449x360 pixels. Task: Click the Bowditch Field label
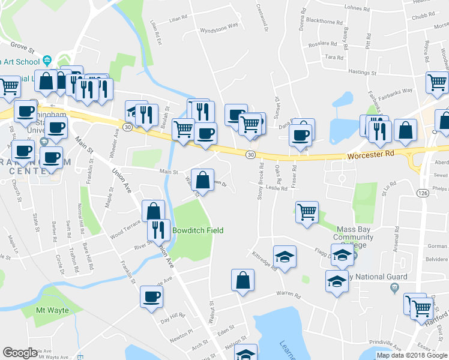(197, 230)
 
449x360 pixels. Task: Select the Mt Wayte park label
(53, 310)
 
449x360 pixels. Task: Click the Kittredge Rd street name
(264, 262)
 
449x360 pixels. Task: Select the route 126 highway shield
(423, 193)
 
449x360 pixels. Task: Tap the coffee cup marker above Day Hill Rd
(151, 296)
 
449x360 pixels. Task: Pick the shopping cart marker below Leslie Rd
(307, 212)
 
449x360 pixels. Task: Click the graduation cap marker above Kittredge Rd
(285, 256)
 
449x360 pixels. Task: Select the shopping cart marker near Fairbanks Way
(437, 83)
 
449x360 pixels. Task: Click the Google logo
(20, 353)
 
